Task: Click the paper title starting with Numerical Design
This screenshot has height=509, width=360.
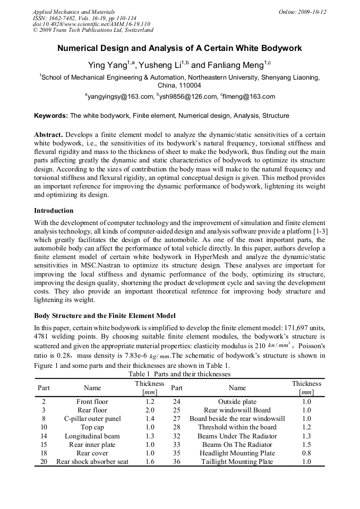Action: tap(179, 48)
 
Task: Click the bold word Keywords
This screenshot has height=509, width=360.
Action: tap(51, 115)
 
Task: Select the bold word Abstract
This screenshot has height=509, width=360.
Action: tap(48, 135)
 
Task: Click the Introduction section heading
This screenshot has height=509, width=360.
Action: tap(54, 211)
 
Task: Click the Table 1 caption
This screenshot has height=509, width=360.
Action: tap(179, 374)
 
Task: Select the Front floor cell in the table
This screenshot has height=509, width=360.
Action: tap(92, 402)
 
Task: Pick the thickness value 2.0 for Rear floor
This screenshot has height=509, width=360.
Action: tap(150, 410)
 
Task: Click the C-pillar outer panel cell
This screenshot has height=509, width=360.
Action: tap(92, 419)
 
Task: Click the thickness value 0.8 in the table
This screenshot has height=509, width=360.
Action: tap(306, 453)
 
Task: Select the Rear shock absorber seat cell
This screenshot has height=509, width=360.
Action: tap(92, 462)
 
